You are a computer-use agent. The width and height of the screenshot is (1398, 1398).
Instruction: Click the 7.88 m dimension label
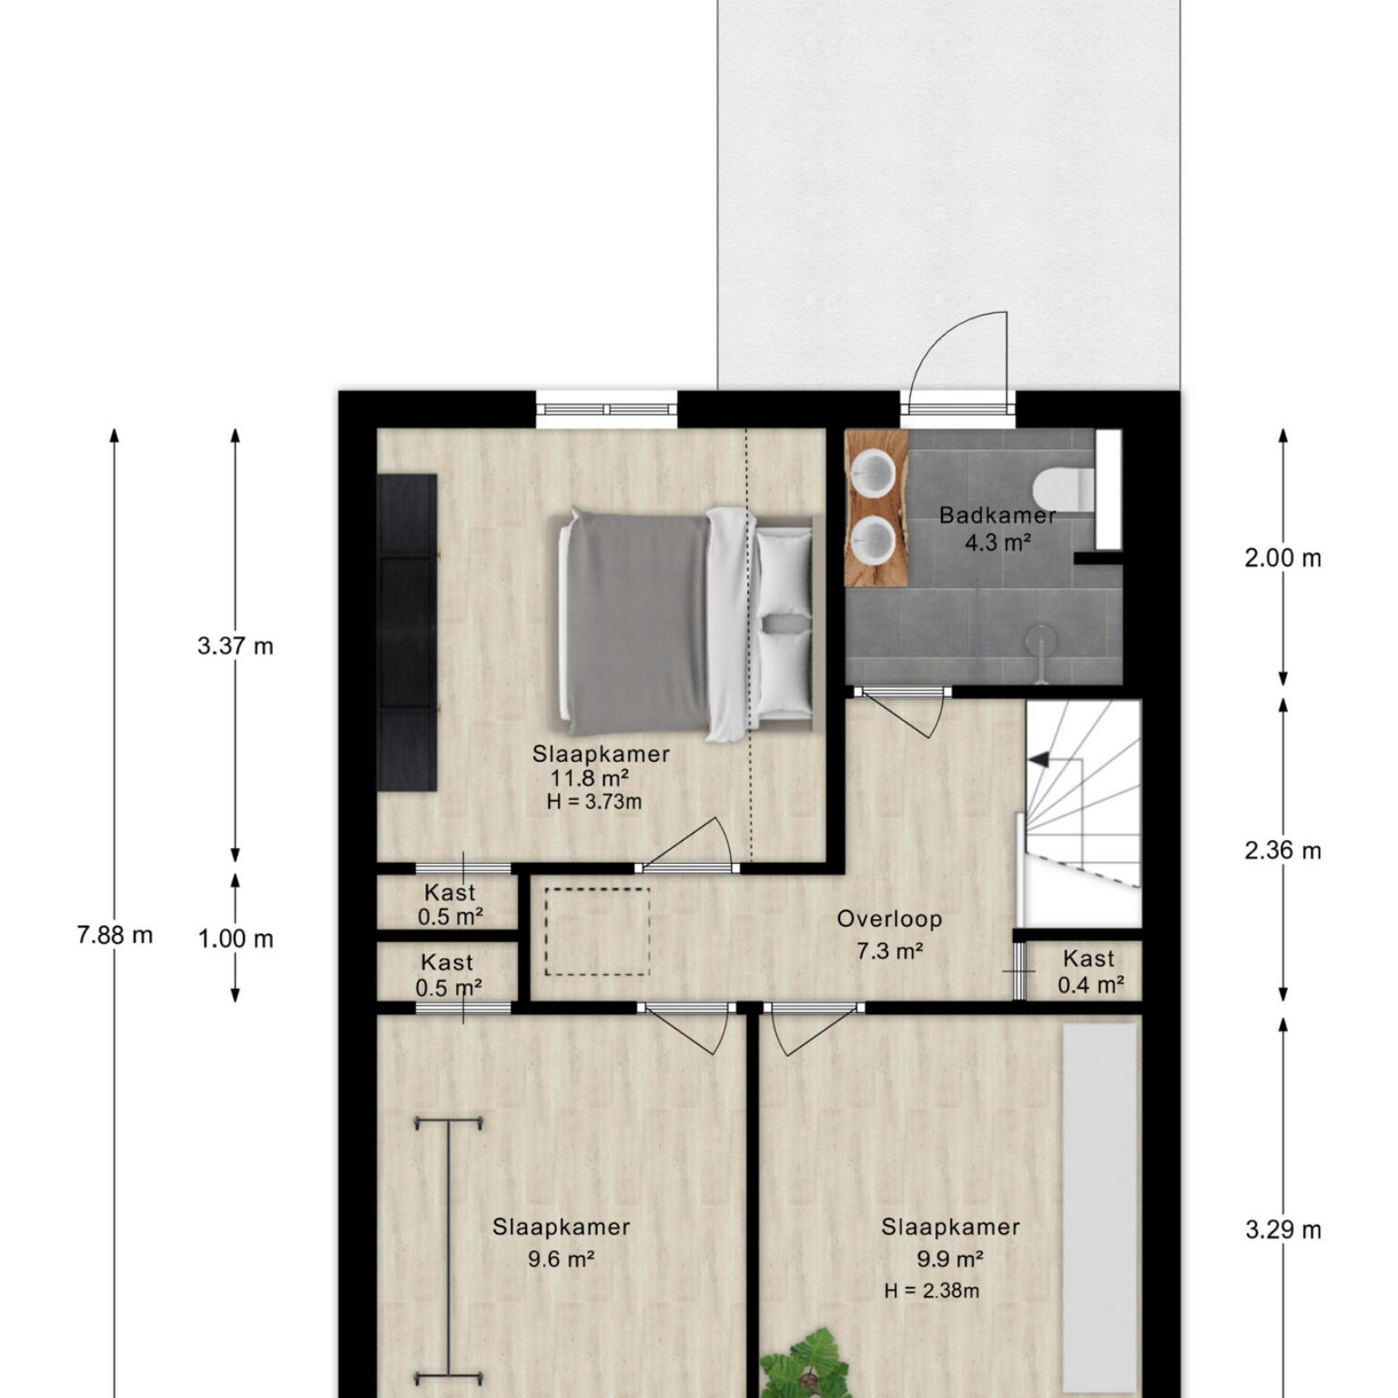click(115, 935)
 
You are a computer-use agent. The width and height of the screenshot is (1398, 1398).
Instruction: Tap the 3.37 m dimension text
click(235, 646)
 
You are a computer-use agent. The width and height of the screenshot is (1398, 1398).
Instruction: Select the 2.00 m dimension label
click(1282, 558)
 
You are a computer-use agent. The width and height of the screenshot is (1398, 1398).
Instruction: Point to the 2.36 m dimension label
click(1282, 850)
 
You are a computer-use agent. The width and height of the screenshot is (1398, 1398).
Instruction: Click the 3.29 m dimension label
click(1282, 1230)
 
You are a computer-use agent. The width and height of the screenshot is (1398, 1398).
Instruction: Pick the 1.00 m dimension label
click(236, 938)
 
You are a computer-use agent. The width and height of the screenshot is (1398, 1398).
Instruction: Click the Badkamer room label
click(998, 515)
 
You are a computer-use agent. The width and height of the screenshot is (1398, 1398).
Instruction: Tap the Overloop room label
click(889, 918)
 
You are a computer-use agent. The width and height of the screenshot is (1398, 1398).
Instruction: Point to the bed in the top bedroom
click(685, 623)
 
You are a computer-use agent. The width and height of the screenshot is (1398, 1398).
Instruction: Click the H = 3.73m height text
click(594, 802)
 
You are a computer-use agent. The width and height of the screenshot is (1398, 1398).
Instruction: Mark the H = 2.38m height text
click(931, 1291)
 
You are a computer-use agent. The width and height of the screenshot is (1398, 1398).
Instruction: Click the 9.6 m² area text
click(561, 1260)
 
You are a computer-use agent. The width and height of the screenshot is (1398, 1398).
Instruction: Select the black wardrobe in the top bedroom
click(407, 633)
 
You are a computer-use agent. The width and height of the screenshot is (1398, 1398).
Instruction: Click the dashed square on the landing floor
click(597, 932)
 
